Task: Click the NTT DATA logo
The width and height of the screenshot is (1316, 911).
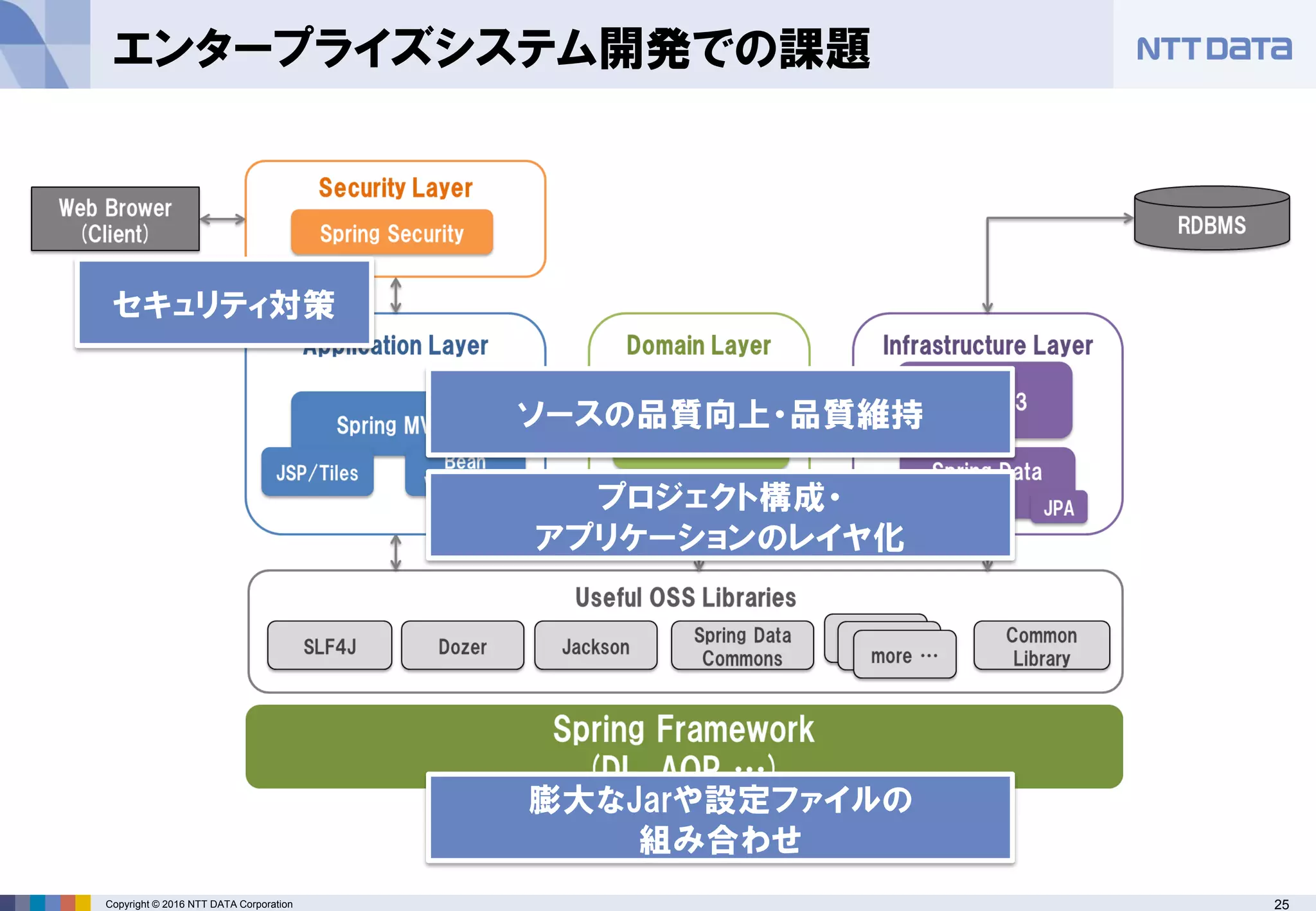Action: [x=1213, y=49]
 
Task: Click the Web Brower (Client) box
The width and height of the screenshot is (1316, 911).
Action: [x=115, y=219]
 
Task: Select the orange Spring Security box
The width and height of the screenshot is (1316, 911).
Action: [x=391, y=233]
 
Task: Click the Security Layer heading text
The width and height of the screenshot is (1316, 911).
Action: [x=395, y=188]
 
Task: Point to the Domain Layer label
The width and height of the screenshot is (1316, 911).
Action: [x=698, y=346]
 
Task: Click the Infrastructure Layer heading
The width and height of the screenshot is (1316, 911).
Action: [x=987, y=346]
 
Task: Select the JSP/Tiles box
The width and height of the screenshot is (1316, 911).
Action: [x=317, y=473]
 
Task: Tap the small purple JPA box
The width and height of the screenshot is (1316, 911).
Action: [x=1059, y=508]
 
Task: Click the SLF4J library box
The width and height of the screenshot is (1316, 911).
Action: [x=330, y=646]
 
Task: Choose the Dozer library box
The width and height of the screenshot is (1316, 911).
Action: [x=462, y=646]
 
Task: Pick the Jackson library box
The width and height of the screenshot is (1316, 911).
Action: [x=596, y=646]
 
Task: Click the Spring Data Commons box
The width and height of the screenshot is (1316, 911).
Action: [x=742, y=646]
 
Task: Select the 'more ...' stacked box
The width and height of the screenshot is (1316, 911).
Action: [x=904, y=655]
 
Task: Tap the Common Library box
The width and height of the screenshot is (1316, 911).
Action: [x=1041, y=646]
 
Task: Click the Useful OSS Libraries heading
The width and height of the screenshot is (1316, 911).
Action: [x=685, y=597]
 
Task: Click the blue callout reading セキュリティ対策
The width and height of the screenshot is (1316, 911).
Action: [x=224, y=303]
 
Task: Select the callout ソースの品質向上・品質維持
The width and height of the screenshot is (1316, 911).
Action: [x=720, y=413]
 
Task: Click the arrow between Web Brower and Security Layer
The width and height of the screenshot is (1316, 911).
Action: [x=222, y=219]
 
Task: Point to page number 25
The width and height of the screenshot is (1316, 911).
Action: [x=1281, y=904]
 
